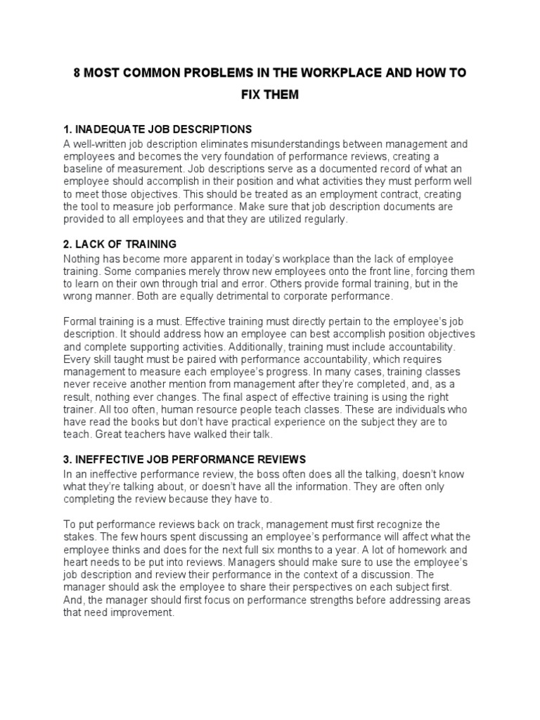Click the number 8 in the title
[x=77, y=72]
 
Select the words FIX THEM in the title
[x=270, y=95]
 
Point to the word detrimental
[x=226, y=296]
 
